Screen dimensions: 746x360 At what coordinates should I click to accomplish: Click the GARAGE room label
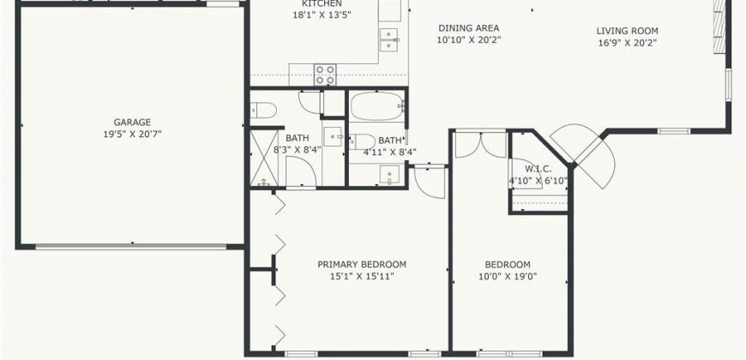click(x=132, y=123)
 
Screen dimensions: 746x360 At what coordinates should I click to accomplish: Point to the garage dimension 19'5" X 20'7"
click(x=132, y=134)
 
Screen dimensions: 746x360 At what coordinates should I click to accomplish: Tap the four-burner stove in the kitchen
click(x=325, y=75)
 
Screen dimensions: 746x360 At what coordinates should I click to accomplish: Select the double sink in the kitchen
click(x=389, y=39)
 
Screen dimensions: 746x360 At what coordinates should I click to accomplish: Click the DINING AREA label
click(x=469, y=28)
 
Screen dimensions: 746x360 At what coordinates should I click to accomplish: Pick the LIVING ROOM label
click(x=628, y=31)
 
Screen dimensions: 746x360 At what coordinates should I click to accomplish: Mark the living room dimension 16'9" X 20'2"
click(x=628, y=43)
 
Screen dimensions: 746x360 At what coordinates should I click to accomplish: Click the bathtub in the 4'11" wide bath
click(x=376, y=106)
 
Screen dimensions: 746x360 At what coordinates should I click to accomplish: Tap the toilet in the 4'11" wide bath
click(x=362, y=141)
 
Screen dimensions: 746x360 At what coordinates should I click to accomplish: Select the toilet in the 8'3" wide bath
click(x=263, y=111)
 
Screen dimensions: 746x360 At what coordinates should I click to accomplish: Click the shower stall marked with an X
click(x=264, y=158)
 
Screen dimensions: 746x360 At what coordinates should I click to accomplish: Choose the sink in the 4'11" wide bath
click(x=389, y=175)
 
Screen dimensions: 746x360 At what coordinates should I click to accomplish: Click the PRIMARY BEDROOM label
click(x=362, y=264)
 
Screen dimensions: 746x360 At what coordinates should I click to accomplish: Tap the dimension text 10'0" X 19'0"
click(x=508, y=276)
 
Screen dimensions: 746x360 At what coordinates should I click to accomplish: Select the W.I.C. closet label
click(x=538, y=169)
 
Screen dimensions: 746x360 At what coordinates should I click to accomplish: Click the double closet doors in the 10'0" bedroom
click(x=480, y=145)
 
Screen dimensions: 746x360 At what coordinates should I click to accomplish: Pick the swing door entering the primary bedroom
click(x=430, y=181)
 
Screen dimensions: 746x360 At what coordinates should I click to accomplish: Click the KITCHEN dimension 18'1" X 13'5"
click(x=322, y=15)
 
